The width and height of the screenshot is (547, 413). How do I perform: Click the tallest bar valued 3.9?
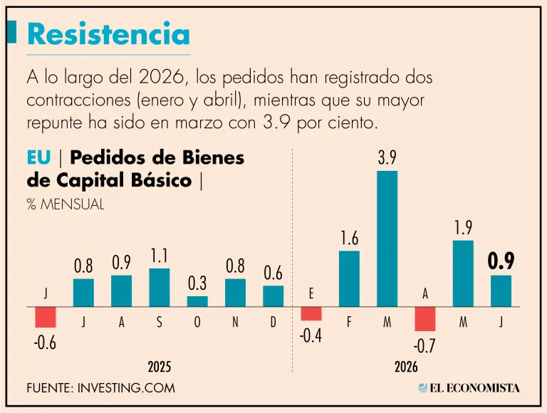[x=387, y=239]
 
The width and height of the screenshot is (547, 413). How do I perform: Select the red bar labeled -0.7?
[x=425, y=319]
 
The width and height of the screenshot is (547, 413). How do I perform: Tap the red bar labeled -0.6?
[x=46, y=317]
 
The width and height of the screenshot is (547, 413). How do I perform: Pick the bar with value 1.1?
[x=160, y=288]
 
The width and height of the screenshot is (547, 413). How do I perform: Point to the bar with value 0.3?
[x=197, y=301]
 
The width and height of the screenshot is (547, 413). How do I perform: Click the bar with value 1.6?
[x=349, y=278]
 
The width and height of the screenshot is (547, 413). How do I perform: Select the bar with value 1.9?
[x=463, y=273]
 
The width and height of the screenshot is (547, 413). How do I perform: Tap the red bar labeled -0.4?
[x=311, y=313]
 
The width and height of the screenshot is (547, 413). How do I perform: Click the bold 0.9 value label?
[x=501, y=261]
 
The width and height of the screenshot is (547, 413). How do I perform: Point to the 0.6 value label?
[x=273, y=273]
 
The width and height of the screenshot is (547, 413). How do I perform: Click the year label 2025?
[x=160, y=367]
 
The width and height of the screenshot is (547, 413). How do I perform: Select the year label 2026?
[x=406, y=367]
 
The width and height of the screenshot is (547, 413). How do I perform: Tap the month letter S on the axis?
[x=160, y=322]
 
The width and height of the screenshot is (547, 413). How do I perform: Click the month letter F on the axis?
[x=349, y=322]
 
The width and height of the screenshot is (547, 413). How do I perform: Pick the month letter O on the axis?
[x=197, y=322]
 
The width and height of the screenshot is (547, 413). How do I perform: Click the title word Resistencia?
[x=108, y=34]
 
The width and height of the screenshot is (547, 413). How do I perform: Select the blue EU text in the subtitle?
[x=38, y=157]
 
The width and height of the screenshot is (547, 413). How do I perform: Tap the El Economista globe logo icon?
[x=423, y=388]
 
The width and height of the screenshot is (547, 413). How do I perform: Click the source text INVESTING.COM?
[x=126, y=388]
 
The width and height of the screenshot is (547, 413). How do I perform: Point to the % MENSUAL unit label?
[x=66, y=204]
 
